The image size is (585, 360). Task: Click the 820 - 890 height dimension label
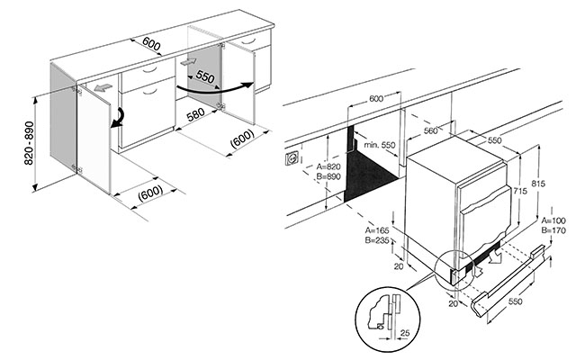30,143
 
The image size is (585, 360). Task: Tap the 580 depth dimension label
195,114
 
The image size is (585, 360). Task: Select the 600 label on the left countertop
151,44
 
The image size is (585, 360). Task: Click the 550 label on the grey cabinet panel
205,76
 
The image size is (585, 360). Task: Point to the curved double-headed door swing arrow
215,89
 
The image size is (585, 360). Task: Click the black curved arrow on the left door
118,118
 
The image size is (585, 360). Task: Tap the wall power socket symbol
292,158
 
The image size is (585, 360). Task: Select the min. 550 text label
380,145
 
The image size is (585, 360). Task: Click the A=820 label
328,166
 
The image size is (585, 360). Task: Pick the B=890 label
328,176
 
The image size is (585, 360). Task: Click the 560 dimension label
430,130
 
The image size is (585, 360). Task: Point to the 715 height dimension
520,191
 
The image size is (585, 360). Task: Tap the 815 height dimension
538,184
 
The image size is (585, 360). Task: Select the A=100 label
553,220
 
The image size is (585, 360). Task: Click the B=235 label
377,240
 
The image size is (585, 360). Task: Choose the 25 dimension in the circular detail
405,333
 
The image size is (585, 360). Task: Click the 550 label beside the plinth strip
515,301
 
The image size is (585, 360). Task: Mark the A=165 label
377,230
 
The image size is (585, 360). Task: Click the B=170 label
553,230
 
